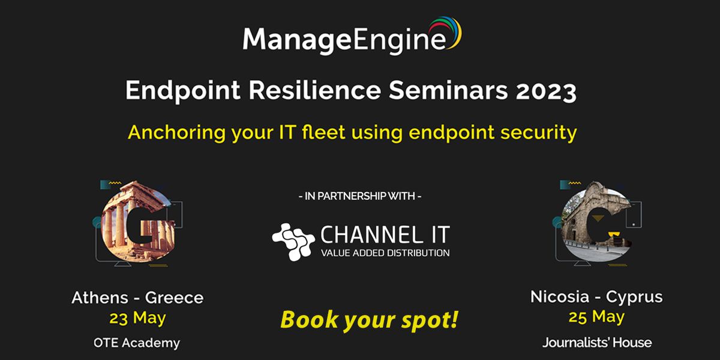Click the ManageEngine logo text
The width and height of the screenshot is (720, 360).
(x=344, y=40)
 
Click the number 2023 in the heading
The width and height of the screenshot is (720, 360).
(x=546, y=91)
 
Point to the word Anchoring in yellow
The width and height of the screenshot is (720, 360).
(x=177, y=133)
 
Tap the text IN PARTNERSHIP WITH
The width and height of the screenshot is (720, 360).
(x=360, y=196)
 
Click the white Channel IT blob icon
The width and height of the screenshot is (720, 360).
(x=293, y=241)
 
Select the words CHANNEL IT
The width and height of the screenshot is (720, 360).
(x=385, y=235)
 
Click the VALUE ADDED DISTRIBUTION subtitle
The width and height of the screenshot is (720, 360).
(x=385, y=253)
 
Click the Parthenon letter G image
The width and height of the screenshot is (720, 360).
(x=138, y=223)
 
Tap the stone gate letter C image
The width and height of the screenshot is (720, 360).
(x=597, y=223)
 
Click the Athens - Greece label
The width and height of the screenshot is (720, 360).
(x=137, y=298)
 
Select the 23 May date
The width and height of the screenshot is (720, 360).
(x=137, y=318)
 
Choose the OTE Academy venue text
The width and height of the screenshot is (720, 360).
(x=137, y=343)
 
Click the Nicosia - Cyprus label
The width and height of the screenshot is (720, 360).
(x=596, y=297)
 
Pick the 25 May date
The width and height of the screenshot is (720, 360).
(x=596, y=317)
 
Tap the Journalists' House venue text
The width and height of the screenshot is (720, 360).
(x=597, y=343)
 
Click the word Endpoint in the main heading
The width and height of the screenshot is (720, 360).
(x=183, y=91)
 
